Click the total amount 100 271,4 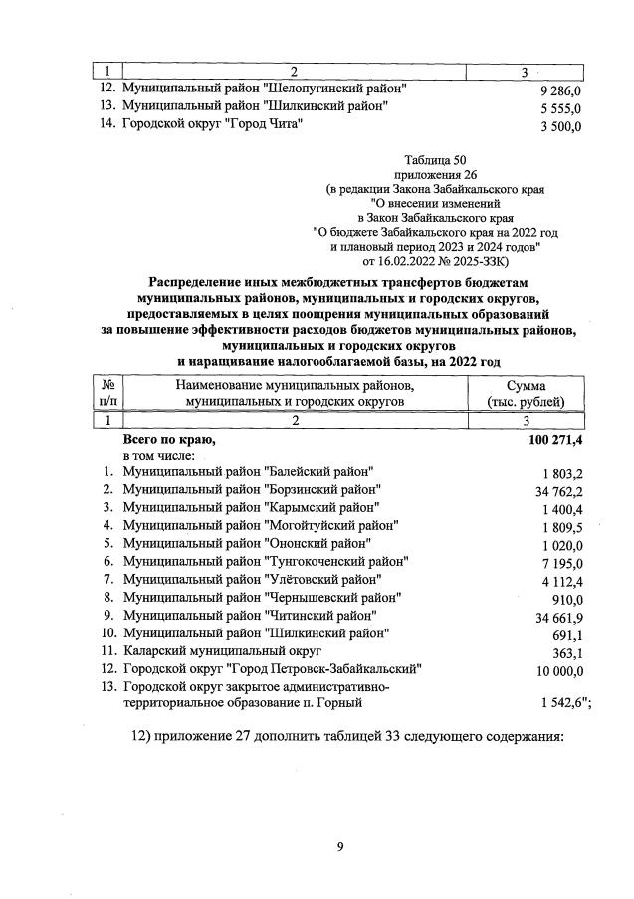point(548,438)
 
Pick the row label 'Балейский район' point(248,471)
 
